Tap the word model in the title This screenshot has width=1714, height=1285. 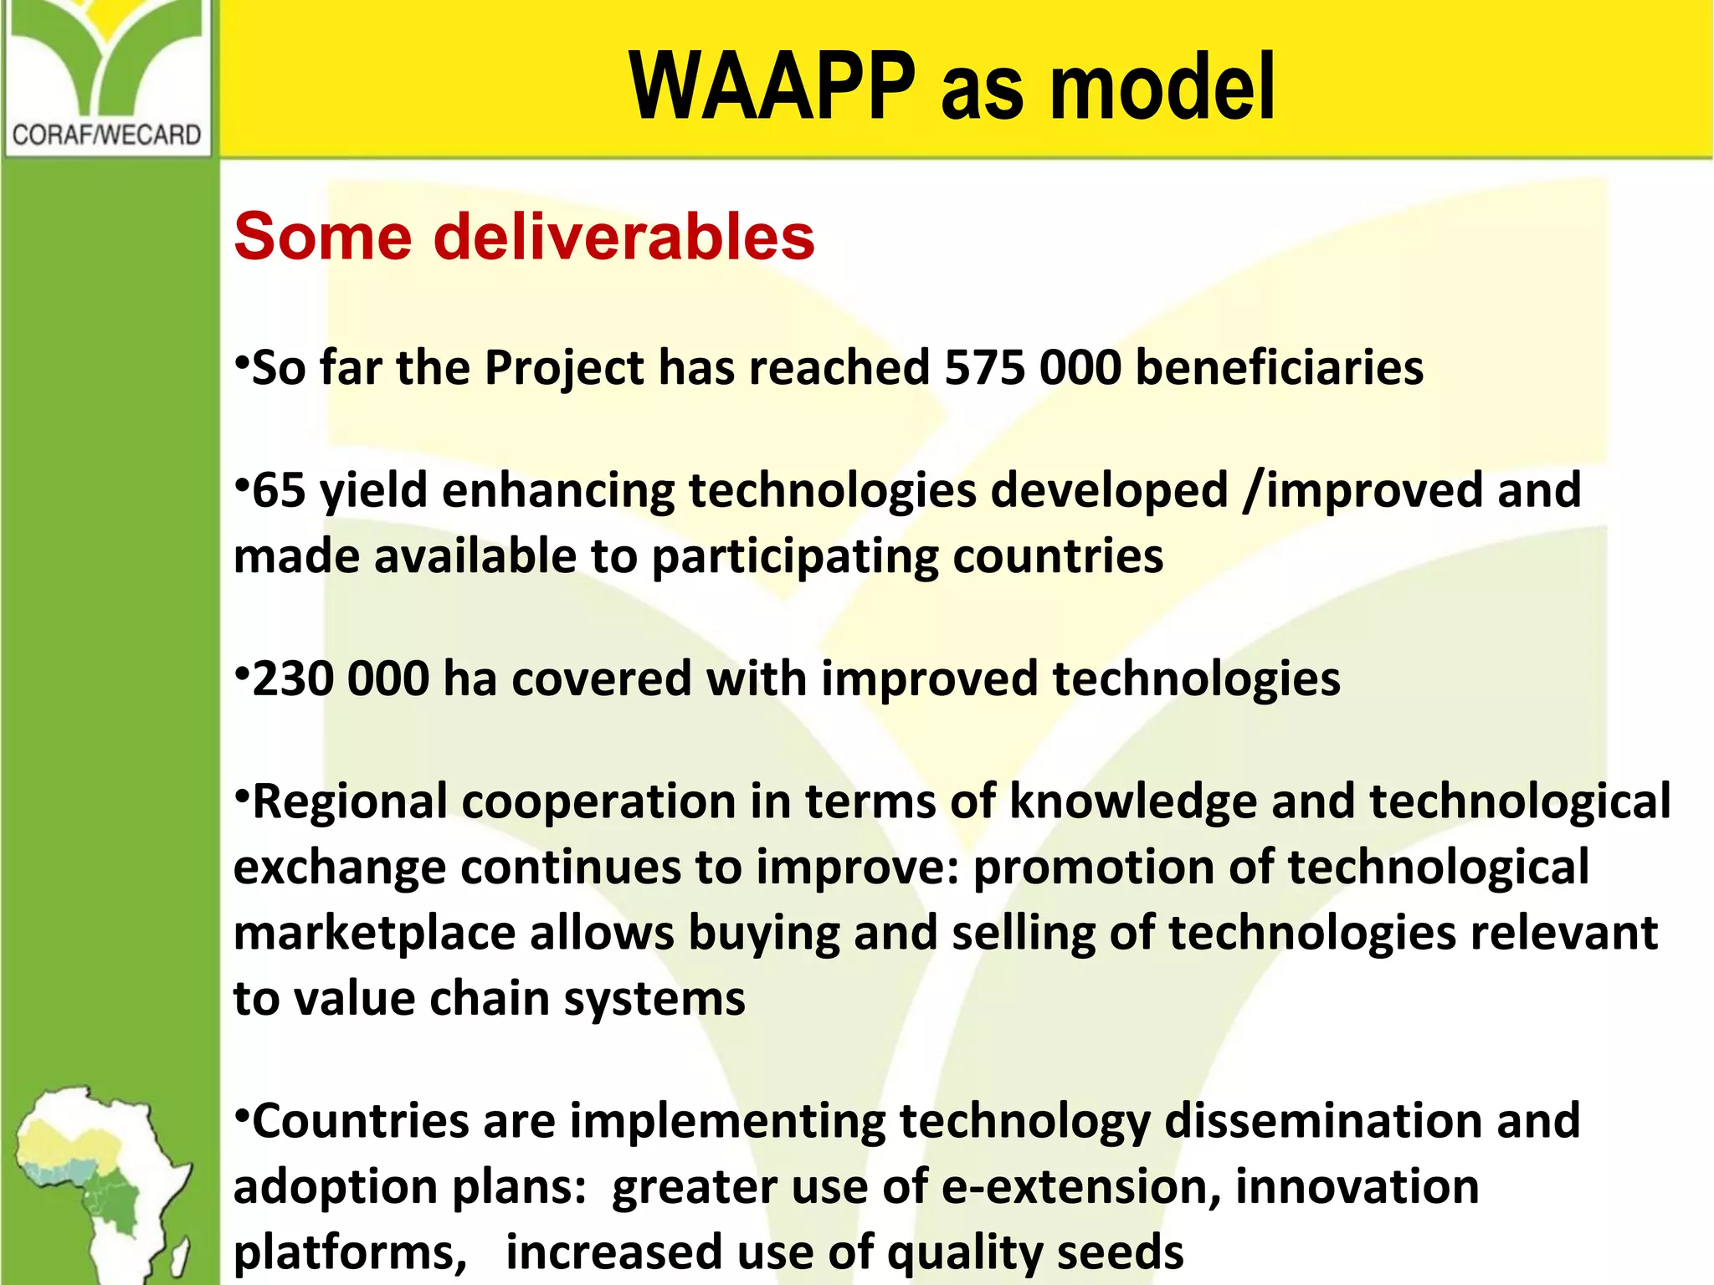(1162, 86)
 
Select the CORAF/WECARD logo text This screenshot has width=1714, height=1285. (106, 135)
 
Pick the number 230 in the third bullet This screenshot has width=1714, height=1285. (292, 678)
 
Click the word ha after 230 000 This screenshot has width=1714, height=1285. (470, 678)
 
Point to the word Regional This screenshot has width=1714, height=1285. (350, 802)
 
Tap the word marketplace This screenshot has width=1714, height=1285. (374, 933)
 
